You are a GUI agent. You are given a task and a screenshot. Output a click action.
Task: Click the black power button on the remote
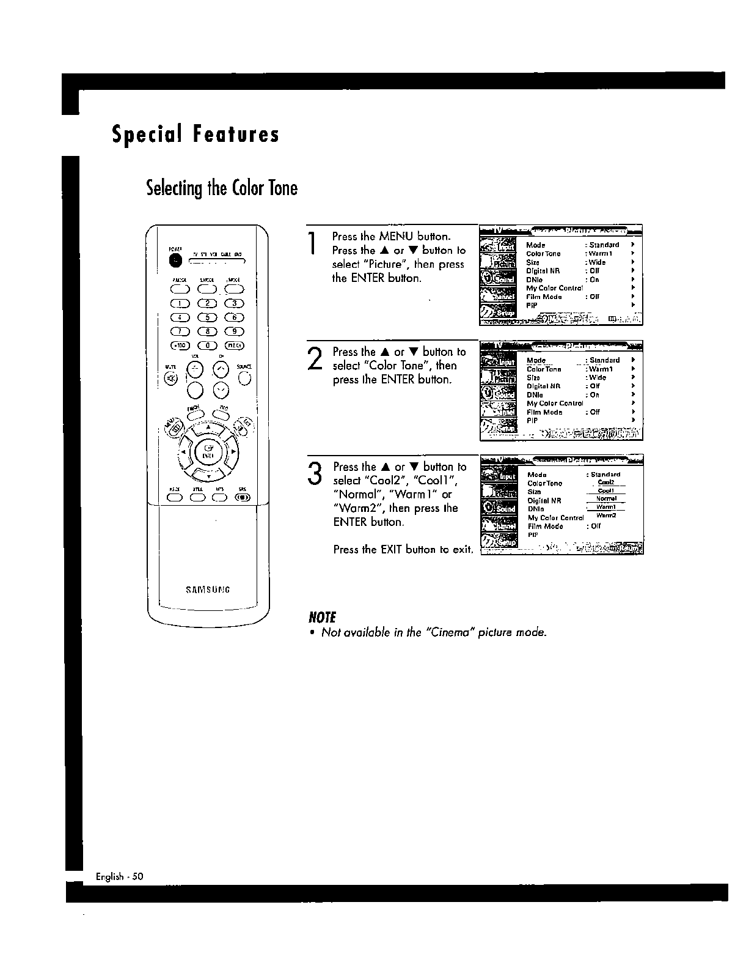click(176, 261)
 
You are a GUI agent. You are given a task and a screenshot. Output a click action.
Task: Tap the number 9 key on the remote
click(235, 331)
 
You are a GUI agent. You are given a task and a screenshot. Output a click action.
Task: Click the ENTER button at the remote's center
click(208, 453)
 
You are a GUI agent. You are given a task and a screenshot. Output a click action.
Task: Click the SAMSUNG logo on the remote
click(208, 590)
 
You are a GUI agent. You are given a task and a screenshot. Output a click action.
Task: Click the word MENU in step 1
click(397, 237)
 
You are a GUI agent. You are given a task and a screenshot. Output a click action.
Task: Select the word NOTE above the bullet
click(323, 617)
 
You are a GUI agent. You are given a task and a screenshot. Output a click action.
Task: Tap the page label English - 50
click(119, 876)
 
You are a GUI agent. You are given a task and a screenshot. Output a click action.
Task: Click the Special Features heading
click(196, 135)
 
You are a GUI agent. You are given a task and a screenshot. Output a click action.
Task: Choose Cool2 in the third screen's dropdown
click(606, 482)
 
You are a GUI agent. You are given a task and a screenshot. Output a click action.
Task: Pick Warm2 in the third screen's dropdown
click(606, 516)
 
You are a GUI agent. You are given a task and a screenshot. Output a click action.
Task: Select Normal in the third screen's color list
click(606, 499)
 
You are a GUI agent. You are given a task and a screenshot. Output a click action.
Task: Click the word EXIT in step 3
click(390, 549)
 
